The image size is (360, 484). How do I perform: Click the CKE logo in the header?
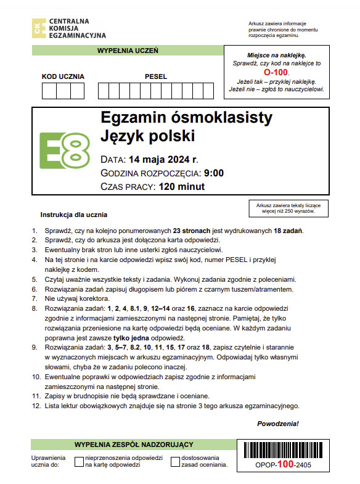38,27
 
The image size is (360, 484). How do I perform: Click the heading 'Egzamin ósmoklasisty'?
177,118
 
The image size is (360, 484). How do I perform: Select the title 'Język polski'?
147,136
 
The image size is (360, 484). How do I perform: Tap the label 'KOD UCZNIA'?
63,76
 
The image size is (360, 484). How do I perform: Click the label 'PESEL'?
156,76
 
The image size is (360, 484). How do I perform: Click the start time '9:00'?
213,173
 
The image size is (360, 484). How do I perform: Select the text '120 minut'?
182,187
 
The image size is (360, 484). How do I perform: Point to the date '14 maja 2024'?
159,160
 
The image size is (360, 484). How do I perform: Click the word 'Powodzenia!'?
277,424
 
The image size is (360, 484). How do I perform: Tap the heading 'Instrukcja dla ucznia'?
74,215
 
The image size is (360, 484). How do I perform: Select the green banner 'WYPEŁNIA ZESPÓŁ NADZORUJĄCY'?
134,444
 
